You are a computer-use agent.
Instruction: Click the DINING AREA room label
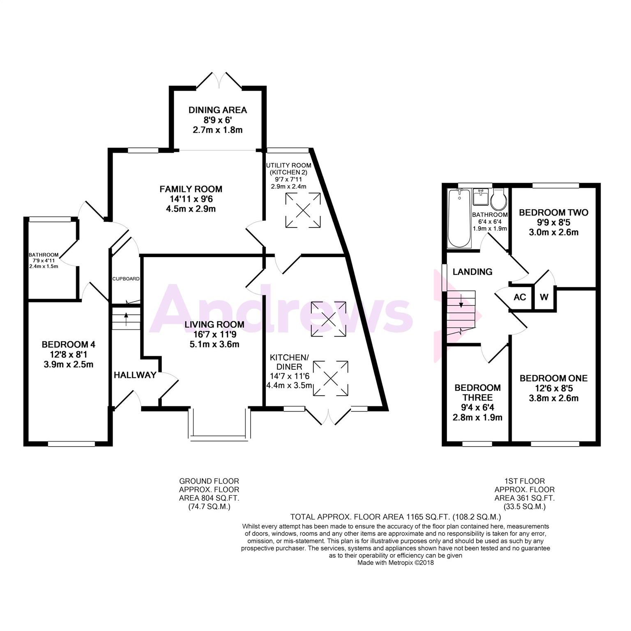(217, 110)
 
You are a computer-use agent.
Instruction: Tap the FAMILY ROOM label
(191, 189)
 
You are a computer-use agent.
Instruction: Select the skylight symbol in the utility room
(303, 210)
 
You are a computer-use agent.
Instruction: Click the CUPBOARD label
(126, 279)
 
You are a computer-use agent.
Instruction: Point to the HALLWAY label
(135, 375)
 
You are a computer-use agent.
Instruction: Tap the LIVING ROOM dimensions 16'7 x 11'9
(214, 334)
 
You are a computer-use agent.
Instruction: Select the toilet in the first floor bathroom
(499, 198)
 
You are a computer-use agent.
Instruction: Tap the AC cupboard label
(520, 297)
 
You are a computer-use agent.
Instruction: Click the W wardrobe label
(544, 297)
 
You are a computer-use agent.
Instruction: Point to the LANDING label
(472, 272)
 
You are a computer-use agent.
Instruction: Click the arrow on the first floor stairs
(461, 301)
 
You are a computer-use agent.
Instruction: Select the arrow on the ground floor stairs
(126, 316)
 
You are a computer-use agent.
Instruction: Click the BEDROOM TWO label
(553, 212)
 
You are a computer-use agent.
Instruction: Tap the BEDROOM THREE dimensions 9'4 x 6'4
(477, 408)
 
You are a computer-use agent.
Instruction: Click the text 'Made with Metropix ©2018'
(395, 563)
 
